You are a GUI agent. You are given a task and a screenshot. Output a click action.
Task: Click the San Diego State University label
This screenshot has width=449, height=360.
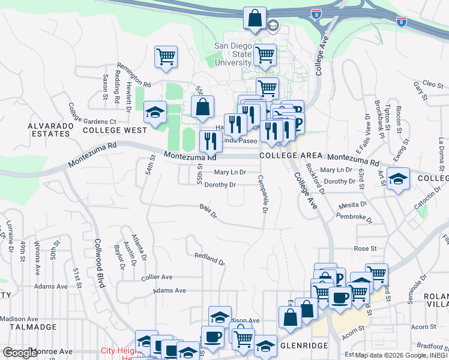click(x=234, y=54)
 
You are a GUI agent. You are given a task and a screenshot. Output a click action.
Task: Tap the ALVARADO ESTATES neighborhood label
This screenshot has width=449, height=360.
click(x=49, y=130)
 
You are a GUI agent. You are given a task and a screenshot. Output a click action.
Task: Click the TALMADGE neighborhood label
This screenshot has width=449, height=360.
click(x=28, y=328)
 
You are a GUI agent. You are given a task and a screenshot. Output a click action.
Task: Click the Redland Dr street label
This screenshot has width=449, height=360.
click(x=209, y=259)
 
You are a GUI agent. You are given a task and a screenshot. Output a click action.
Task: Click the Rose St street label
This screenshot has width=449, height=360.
click(x=365, y=248)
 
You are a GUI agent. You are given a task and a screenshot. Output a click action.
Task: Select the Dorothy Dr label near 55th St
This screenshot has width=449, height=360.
click(x=220, y=185)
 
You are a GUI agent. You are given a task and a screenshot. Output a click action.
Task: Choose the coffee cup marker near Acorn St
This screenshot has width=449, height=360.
click(x=340, y=298)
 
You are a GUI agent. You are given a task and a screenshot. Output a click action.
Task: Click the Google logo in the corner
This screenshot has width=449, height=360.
click(x=20, y=353)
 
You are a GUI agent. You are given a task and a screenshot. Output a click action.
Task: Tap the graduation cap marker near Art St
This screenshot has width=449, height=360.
click(x=398, y=179)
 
